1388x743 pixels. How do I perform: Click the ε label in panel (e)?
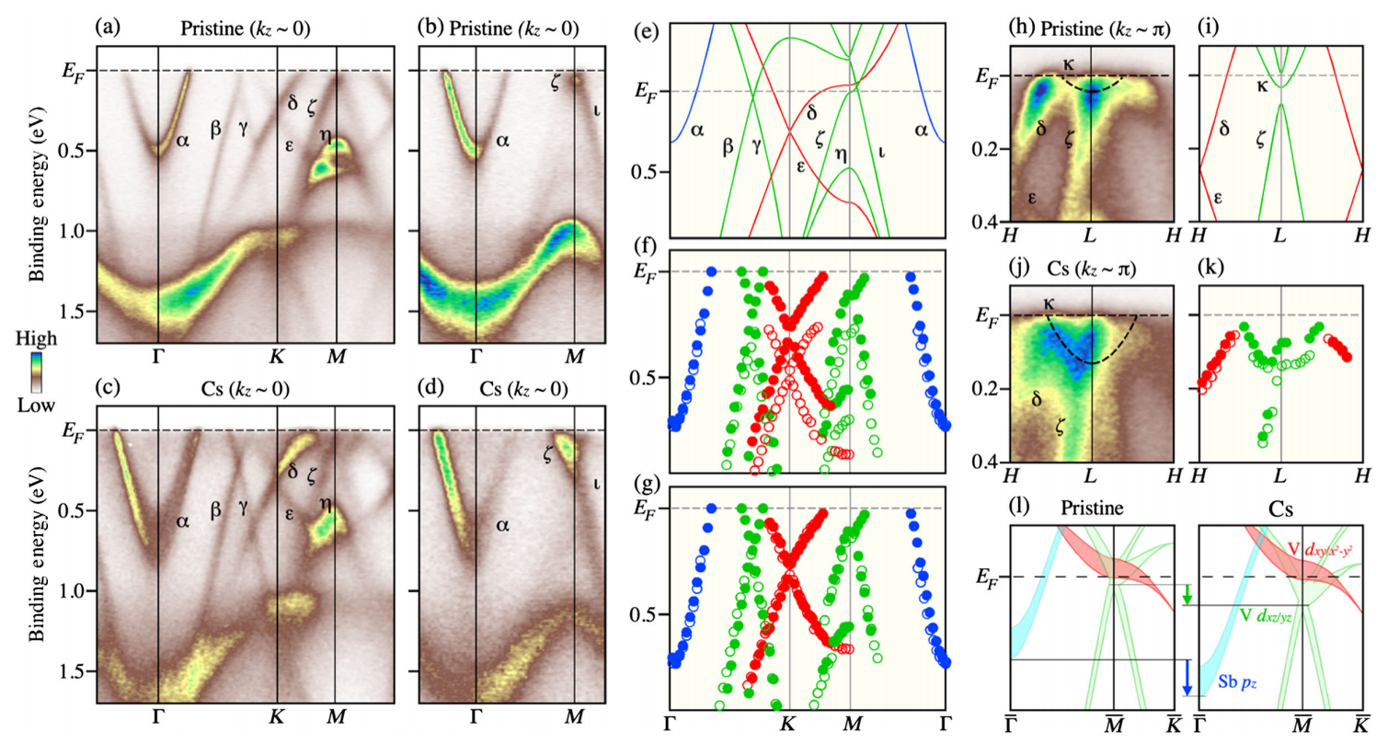[798, 168]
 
